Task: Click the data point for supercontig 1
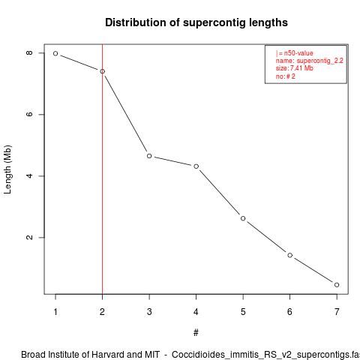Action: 55,53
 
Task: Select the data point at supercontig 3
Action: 149,156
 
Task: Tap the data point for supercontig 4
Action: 196,166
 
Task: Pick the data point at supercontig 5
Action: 243,218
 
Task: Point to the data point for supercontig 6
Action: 290,255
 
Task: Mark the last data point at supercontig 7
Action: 337,285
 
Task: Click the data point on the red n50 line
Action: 102,71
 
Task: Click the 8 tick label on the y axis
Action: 29,52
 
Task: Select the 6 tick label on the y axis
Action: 29,114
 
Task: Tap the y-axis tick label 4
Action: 29,175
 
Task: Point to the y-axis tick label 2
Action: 29,237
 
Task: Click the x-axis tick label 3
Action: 149,312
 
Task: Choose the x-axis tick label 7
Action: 337,312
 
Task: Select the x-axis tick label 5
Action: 243,312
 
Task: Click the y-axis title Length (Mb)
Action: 7,169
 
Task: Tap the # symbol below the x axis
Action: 196,333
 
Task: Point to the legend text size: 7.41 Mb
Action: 295,68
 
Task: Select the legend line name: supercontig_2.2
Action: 310,61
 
